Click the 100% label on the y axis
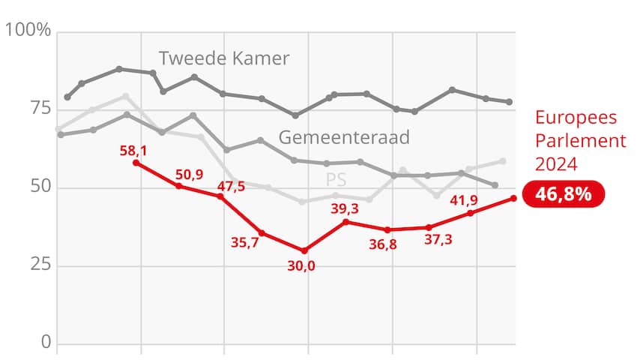click(x=28, y=31)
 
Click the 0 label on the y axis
click(x=44, y=343)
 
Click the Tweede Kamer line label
click(x=224, y=58)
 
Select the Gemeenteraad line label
click(x=344, y=137)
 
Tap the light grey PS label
click(x=336, y=179)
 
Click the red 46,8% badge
click(x=563, y=193)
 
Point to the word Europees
click(x=575, y=118)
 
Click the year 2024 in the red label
click(x=555, y=164)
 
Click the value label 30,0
click(x=301, y=265)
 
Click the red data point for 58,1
click(x=136, y=163)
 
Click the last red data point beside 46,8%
click(x=513, y=198)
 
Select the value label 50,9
click(x=188, y=175)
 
